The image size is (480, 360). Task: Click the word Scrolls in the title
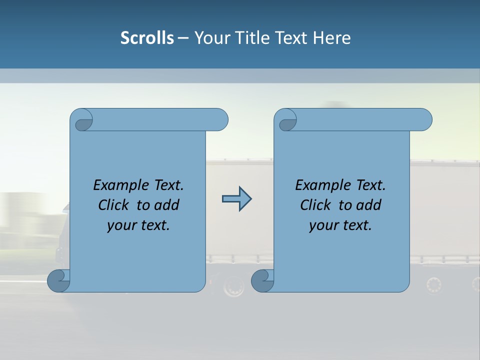click(x=147, y=38)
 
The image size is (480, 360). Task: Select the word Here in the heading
click(x=331, y=38)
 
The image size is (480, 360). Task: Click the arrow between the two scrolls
click(x=236, y=199)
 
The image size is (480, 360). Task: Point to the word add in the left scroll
click(x=166, y=205)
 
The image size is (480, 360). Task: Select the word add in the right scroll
click(x=368, y=205)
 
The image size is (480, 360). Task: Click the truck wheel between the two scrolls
click(x=233, y=286)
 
